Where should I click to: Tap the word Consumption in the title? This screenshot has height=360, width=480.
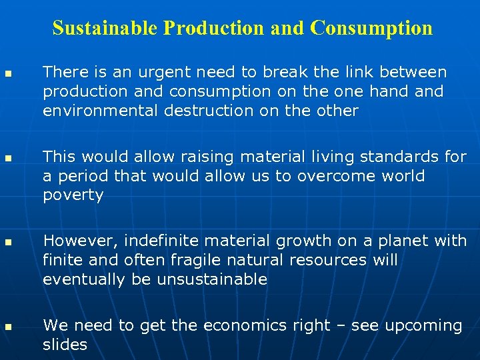tap(371, 28)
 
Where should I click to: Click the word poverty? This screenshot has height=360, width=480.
tap(73, 196)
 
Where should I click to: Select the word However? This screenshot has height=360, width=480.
tap(73, 241)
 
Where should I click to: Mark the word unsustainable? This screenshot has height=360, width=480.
tap(212, 279)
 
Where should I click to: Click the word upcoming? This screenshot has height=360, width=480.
tap(423, 326)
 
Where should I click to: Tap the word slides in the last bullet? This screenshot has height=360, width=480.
tap(65, 345)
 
